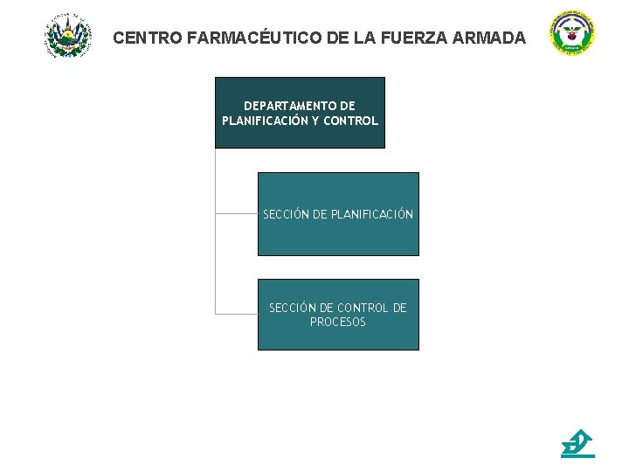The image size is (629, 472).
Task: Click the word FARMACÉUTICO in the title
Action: coord(241,38)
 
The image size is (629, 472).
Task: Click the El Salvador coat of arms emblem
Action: coord(67,35)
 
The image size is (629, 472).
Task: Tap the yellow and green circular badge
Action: coord(571,34)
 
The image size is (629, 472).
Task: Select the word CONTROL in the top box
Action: coord(350,121)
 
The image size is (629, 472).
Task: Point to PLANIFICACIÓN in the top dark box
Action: coord(264,121)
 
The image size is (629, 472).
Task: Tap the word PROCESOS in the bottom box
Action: coord(338,323)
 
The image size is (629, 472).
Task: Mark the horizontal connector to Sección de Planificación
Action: coord(236,212)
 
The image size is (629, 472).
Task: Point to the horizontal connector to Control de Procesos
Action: coord(236,313)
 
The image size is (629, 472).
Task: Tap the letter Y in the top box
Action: coord(315,121)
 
